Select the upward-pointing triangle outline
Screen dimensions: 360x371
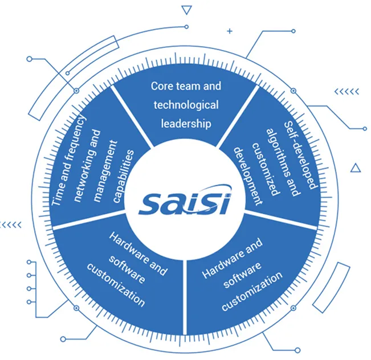tap(356, 167)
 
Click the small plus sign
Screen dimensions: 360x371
tap(230, 31)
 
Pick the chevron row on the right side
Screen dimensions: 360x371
tap(346, 91)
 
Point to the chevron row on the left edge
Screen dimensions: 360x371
tap(11, 224)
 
